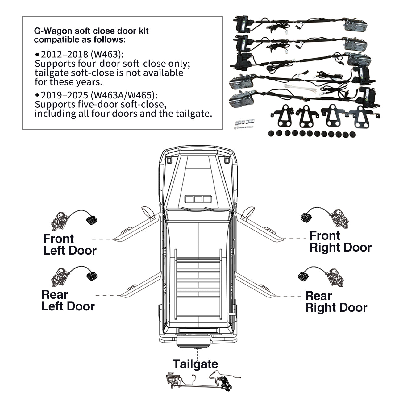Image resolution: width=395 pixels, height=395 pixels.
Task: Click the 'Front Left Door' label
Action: (69, 244)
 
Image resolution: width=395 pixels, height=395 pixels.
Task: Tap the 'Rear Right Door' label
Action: (336, 302)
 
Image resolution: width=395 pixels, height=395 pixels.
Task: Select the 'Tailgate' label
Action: (195, 364)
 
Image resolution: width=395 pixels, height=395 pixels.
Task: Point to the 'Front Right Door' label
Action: (340, 242)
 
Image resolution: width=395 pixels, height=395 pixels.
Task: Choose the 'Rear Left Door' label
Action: (68, 301)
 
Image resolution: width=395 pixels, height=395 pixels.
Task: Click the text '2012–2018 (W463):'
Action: (82, 54)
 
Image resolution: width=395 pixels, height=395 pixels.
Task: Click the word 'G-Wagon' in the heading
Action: (49, 31)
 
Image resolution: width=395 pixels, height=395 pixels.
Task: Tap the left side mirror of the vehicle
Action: (148, 212)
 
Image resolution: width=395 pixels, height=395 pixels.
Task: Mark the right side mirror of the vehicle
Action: (248, 212)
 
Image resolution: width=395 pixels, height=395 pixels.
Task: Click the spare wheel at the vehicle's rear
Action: (194, 342)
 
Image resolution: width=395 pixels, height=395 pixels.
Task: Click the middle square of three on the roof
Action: (198, 199)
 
